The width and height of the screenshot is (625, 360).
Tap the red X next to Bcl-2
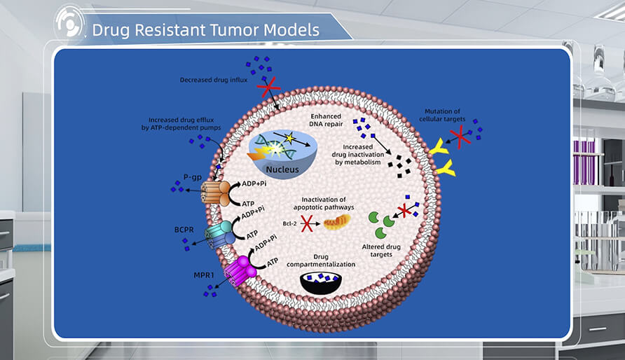click(x=307, y=224)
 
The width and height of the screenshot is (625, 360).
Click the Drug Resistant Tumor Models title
click(x=205, y=30)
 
